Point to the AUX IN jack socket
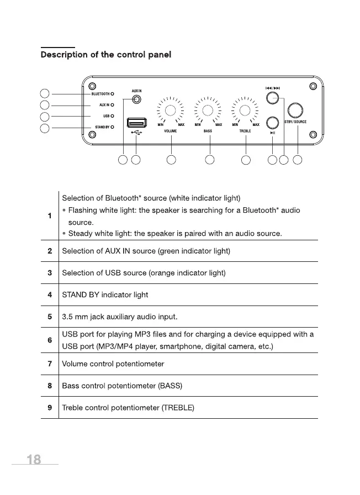[136, 100]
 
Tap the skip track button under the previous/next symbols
[272, 98]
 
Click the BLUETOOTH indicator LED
[112, 94]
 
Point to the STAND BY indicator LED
[112, 127]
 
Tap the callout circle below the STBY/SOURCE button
[298, 160]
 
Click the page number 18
[34, 460]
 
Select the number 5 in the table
[50, 317]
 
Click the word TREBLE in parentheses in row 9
[177, 408]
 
